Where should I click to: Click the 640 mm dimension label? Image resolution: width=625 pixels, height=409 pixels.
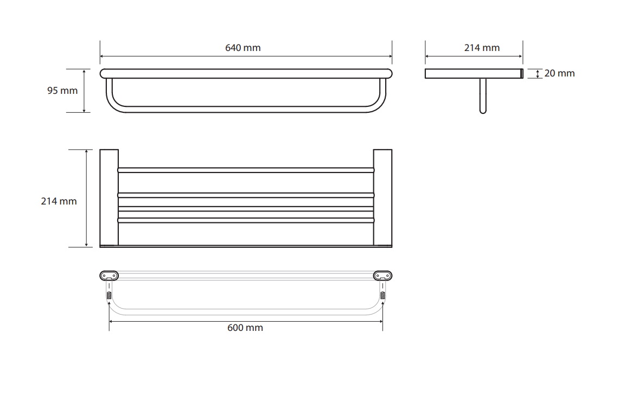click(243, 48)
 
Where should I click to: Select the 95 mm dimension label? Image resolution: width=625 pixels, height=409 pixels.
click(62, 91)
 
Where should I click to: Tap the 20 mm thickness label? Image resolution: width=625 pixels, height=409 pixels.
click(559, 73)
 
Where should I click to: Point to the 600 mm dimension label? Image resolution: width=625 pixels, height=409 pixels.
click(245, 328)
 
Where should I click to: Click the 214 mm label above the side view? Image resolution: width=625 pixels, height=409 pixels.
click(482, 48)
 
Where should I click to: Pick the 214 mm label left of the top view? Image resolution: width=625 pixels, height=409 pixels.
click(59, 201)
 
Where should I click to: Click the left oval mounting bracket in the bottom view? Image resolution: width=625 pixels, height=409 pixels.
click(109, 276)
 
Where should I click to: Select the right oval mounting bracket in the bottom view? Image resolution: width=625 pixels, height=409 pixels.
click(382, 276)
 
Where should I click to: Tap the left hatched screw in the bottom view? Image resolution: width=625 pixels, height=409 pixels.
click(109, 296)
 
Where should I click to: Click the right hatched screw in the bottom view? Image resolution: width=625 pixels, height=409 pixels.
click(382, 296)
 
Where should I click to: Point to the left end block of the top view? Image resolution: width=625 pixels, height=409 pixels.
click(109, 198)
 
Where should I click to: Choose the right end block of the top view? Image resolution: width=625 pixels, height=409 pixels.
click(382, 198)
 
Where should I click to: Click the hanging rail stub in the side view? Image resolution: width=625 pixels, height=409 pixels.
click(483, 95)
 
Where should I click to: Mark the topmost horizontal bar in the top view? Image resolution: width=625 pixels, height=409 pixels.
click(246, 170)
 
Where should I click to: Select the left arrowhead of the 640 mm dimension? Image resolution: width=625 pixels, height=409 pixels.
click(102, 56)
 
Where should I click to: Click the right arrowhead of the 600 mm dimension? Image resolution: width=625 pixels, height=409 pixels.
click(380, 321)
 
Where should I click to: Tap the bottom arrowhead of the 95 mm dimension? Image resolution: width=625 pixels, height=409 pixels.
click(84, 110)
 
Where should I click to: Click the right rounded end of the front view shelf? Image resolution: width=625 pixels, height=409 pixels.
click(389, 74)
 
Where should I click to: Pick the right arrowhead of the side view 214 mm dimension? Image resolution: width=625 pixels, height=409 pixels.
click(520, 56)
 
